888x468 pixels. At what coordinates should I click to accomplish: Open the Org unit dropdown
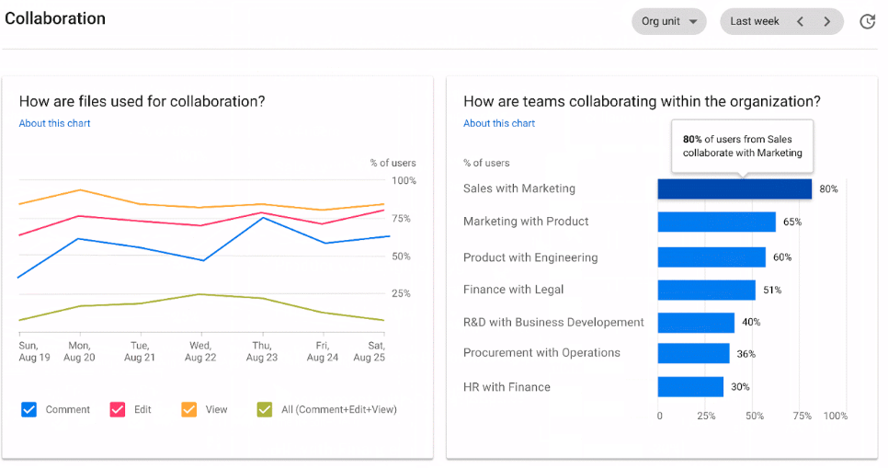(668, 21)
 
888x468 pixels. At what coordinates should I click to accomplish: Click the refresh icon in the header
(867, 21)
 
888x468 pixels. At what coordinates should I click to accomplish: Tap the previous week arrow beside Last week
(800, 21)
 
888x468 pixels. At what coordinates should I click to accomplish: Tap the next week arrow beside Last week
(827, 21)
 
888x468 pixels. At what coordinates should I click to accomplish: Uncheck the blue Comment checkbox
(28, 409)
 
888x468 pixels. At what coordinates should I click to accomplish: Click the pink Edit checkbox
(118, 409)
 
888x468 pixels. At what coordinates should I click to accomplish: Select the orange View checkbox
(189, 409)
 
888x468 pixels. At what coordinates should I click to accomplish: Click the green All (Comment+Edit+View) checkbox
(265, 409)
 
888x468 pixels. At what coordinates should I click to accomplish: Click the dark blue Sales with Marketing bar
(734, 188)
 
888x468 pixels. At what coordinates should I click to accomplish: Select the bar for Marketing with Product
(716, 222)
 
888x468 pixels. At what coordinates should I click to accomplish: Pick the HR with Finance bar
(690, 387)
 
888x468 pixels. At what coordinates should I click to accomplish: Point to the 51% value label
(772, 291)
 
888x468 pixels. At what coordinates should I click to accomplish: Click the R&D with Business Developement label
(553, 323)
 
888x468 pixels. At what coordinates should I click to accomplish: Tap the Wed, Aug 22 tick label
(200, 351)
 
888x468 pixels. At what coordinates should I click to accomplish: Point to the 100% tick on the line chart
(404, 181)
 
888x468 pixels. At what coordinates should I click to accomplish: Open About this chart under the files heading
(54, 123)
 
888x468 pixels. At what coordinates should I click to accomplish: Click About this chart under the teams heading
(499, 123)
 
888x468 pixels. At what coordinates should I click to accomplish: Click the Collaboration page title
(55, 18)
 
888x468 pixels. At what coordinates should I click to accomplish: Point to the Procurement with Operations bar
(693, 353)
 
